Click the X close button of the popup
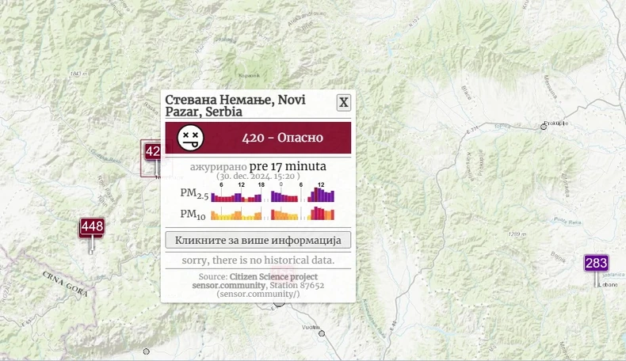coord(343,102)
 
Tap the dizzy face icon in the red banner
coord(189,138)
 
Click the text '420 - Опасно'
coord(283,138)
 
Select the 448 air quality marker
coord(92,227)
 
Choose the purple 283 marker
coord(596,263)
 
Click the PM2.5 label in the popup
coord(193,194)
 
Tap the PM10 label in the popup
coord(193,214)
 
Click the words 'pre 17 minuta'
coord(288,166)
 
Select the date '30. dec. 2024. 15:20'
coord(258,176)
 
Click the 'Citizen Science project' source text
coord(273,276)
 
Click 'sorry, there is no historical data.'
coord(258,260)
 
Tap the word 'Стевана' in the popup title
coord(192,100)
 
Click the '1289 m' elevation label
coord(517,234)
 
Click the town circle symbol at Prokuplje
coord(544,125)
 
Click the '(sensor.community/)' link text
coord(258,294)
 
